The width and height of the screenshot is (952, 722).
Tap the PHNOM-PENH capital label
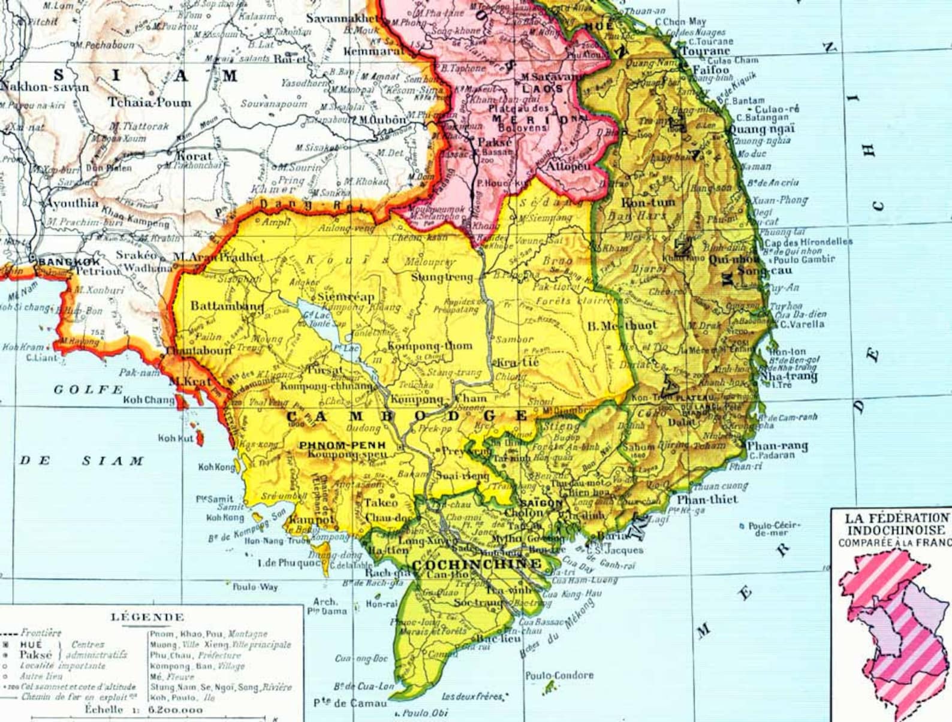point(342,445)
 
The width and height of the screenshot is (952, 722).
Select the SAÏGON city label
point(541,503)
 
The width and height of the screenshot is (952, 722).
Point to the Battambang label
point(227,306)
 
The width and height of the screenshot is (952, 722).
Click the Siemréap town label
point(345,297)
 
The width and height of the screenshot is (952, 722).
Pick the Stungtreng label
point(442,277)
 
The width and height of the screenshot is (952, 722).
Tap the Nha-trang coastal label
point(789,376)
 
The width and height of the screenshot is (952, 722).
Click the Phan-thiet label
point(707,499)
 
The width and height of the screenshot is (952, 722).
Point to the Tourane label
point(706,51)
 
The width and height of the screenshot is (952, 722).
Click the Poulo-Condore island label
point(559,675)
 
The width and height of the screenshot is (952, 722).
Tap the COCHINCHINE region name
point(477,564)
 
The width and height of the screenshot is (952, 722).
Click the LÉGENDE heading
point(147,617)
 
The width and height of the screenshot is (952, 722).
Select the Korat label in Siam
point(194,156)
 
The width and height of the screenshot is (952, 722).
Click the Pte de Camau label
point(351,703)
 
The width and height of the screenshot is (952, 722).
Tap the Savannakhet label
point(343,18)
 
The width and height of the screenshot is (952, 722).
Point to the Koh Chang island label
point(149,400)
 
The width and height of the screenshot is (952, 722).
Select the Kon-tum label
point(648,203)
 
